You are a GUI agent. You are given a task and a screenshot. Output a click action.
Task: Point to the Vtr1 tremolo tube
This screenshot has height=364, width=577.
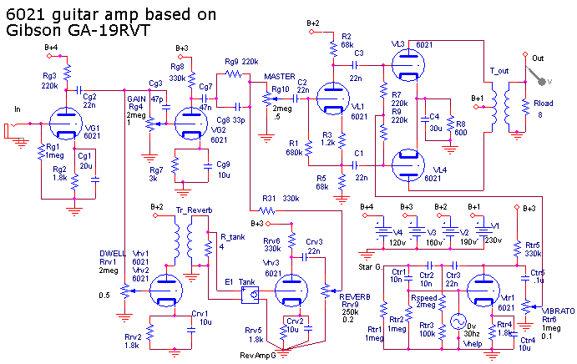click(483, 289)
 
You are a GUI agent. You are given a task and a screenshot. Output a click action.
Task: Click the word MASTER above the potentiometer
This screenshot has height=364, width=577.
click(280, 77)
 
